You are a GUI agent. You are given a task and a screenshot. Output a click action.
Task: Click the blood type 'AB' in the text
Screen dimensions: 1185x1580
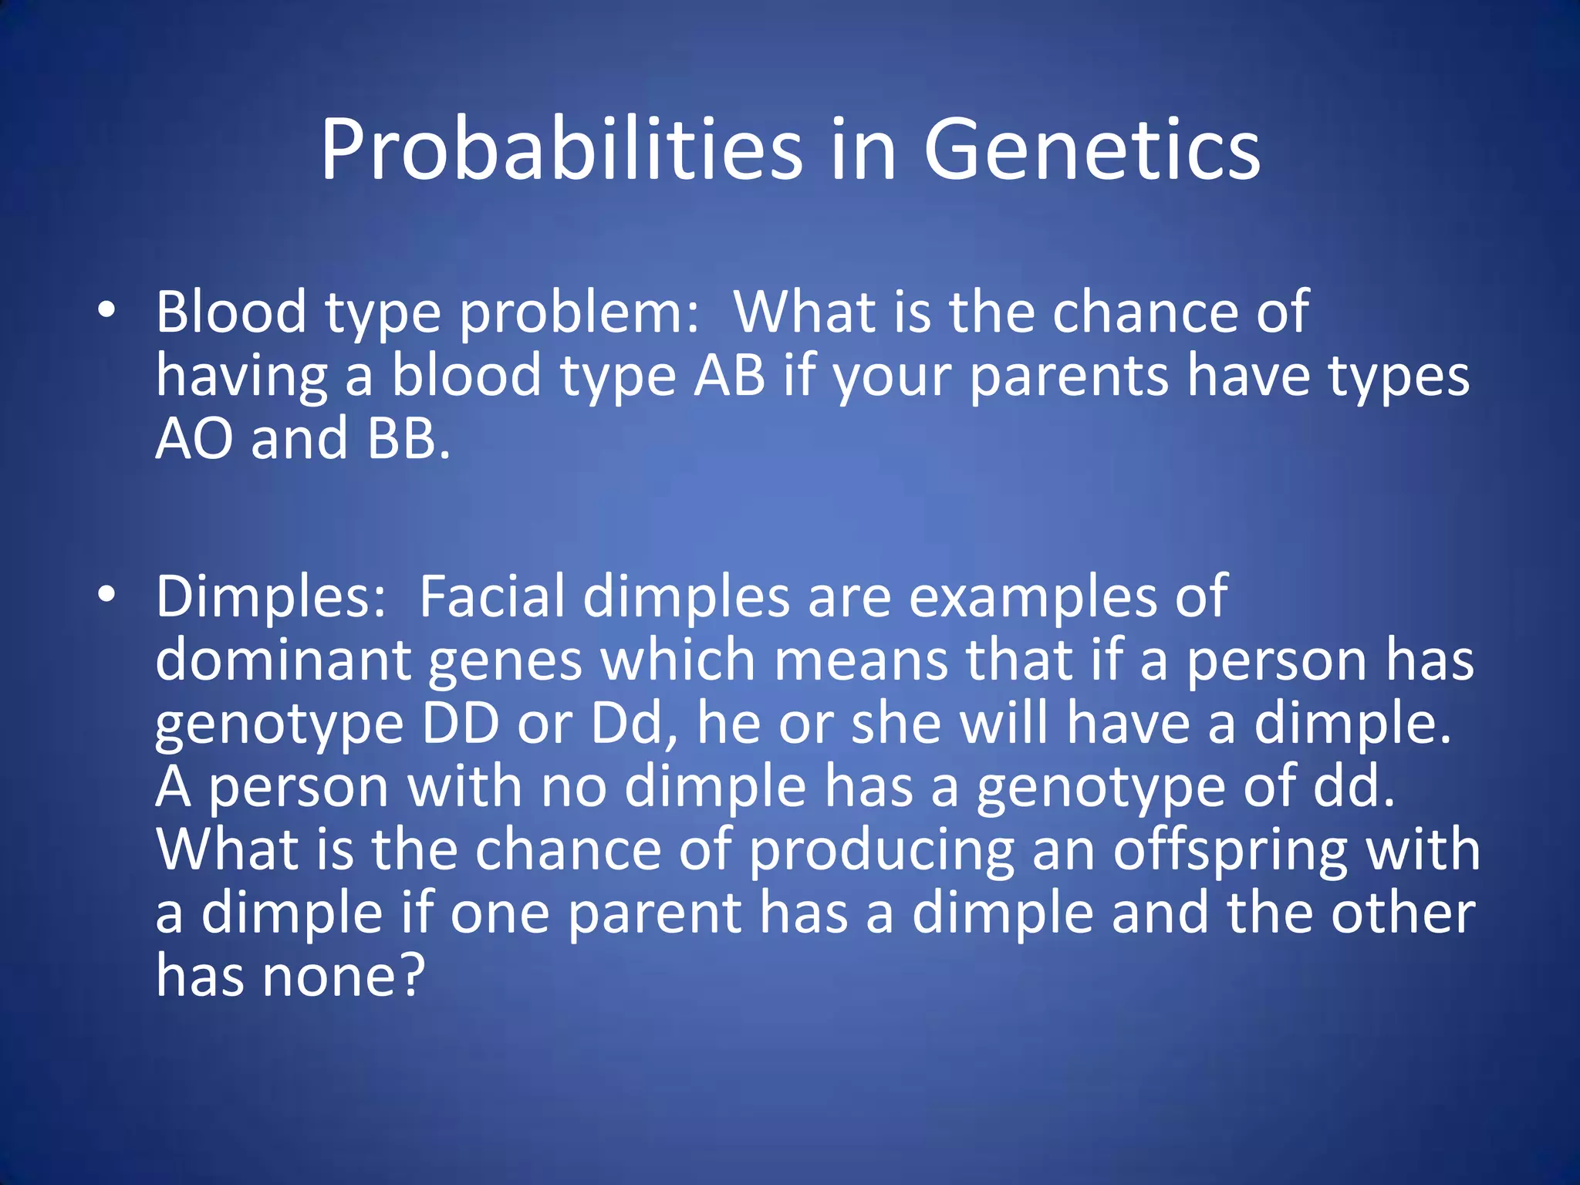point(729,376)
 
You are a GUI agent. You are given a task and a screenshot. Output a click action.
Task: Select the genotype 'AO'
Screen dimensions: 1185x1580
point(194,438)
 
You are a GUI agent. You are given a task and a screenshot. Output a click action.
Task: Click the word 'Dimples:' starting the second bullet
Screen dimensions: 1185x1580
point(271,597)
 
